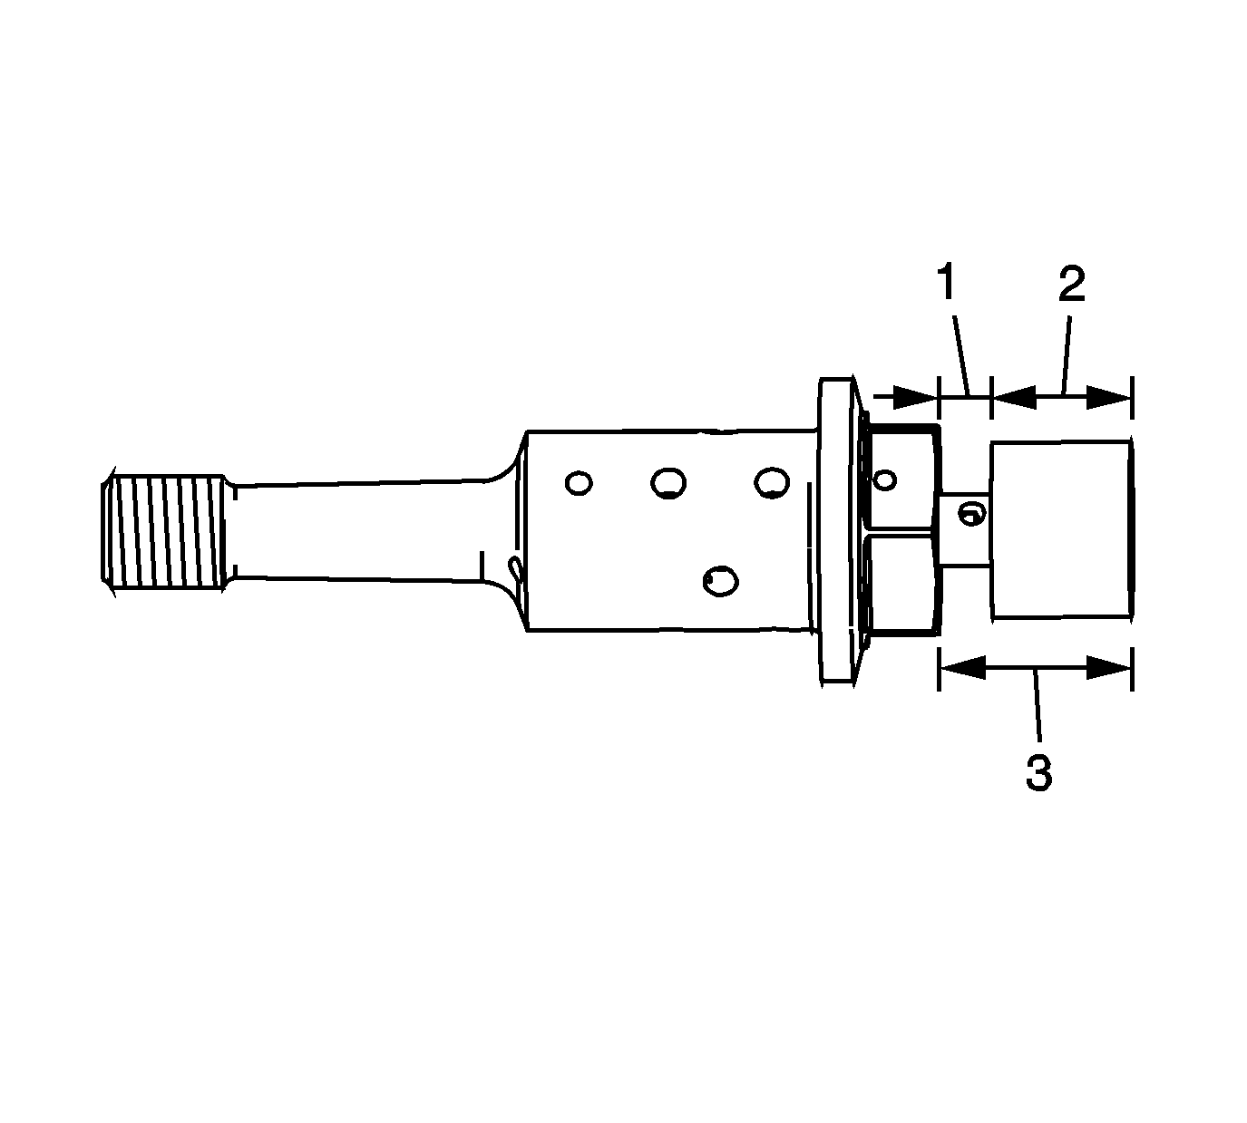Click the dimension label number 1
tap(948, 283)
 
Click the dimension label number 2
tap(1071, 284)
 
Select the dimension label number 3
tap(1038, 773)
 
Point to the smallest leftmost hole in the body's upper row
tap(578, 483)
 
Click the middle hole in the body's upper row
tap(669, 483)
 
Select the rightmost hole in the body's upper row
tap(772, 483)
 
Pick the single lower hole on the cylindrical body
tap(720, 581)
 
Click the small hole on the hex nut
tap(884, 479)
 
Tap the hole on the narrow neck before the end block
tap(972, 513)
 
